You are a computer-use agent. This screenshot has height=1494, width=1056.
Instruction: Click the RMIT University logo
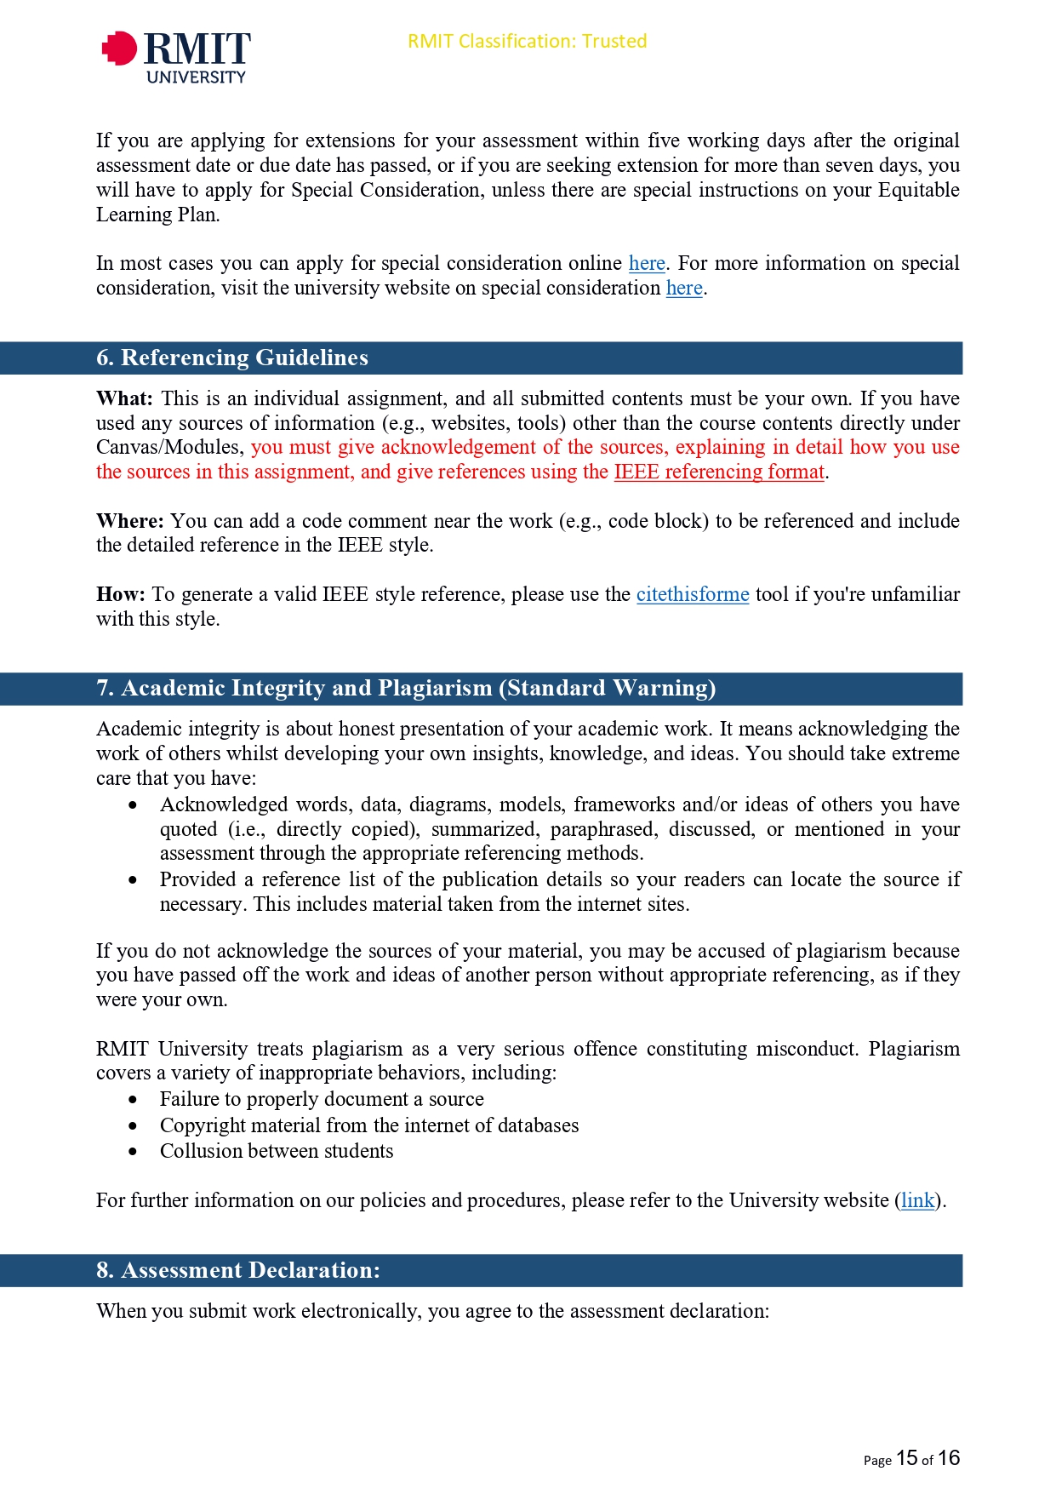(x=176, y=56)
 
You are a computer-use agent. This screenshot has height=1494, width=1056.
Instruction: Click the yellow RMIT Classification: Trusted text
(x=527, y=41)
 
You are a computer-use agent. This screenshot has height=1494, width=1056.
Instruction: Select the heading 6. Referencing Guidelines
(x=232, y=358)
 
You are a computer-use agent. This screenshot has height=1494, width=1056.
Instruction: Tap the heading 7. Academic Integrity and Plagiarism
(x=406, y=688)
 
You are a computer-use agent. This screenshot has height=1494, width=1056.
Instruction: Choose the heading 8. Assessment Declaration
(x=238, y=1270)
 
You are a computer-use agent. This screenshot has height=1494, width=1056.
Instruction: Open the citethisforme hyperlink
(x=692, y=594)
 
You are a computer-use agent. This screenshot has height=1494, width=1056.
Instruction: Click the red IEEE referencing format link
(x=719, y=472)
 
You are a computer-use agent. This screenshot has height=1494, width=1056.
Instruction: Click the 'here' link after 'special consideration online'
(x=647, y=263)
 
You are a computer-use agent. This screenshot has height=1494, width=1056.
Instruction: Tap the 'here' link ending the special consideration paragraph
(x=684, y=288)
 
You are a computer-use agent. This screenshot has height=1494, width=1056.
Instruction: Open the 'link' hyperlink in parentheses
(x=917, y=1200)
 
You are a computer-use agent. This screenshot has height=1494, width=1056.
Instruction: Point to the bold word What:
(x=124, y=398)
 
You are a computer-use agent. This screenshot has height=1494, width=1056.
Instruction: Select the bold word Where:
(x=129, y=521)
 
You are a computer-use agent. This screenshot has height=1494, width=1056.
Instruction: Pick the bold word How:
(x=120, y=594)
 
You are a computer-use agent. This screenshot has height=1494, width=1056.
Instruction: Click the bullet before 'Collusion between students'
(x=133, y=1152)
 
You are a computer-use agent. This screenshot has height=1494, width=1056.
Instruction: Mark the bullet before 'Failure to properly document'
(x=133, y=1100)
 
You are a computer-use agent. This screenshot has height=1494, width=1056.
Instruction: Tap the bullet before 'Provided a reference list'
(x=133, y=880)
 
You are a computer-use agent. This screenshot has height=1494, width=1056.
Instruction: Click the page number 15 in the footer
(x=907, y=1458)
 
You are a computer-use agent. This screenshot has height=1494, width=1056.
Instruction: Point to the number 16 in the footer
(x=949, y=1458)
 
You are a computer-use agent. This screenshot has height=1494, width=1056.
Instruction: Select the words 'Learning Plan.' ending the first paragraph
(x=157, y=215)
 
